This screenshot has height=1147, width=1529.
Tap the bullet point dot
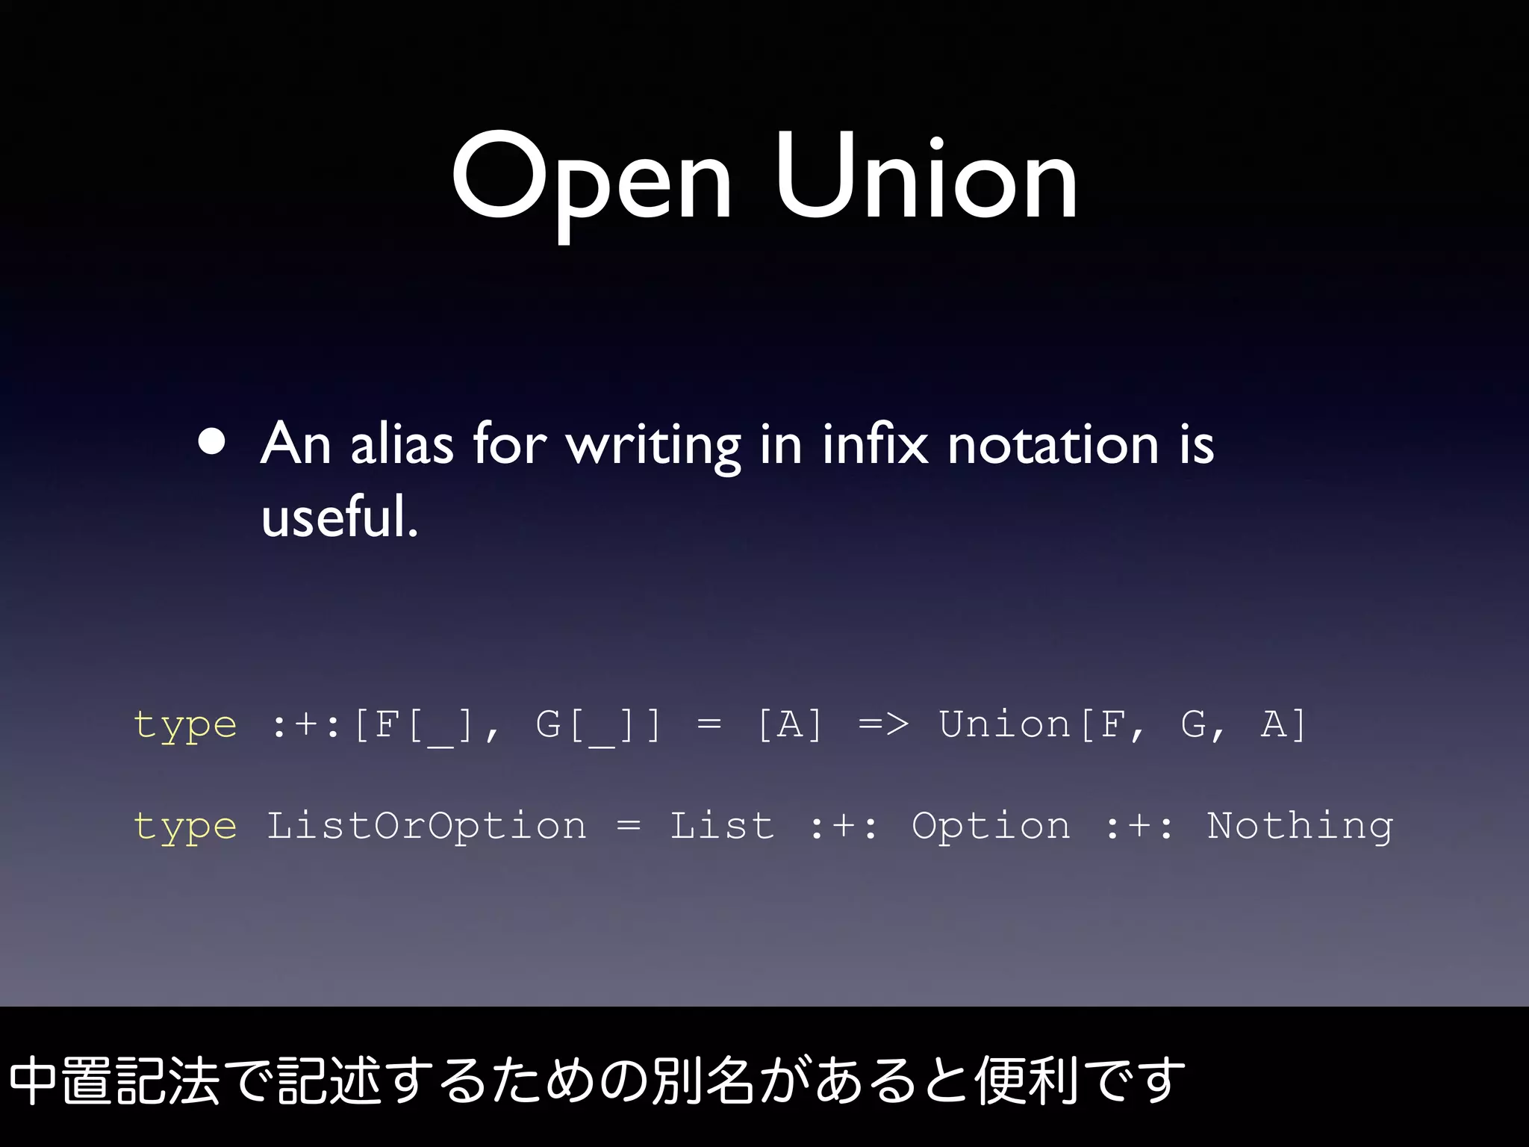pyautogui.click(x=213, y=442)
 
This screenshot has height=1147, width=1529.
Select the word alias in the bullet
pyautogui.click(x=402, y=445)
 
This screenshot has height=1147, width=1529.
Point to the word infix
pyautogui.click(x=875, y=445)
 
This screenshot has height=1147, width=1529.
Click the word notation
pyautogui.click(x=1053, y=445)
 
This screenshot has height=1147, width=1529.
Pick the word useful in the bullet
pyautogui.click(x=340, y=517)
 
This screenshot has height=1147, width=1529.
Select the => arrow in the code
pyautogui.click(x=883, y=724)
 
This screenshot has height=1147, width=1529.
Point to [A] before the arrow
pyautogui.click(x=789, y=724)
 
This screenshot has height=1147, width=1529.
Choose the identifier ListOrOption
pyautogui.click(x=426, y=826)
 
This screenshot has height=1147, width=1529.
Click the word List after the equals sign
pyautogui.click(x=722, y=826)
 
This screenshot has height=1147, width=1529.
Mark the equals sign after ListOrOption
pyautogui.click(x=629, y=826)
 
